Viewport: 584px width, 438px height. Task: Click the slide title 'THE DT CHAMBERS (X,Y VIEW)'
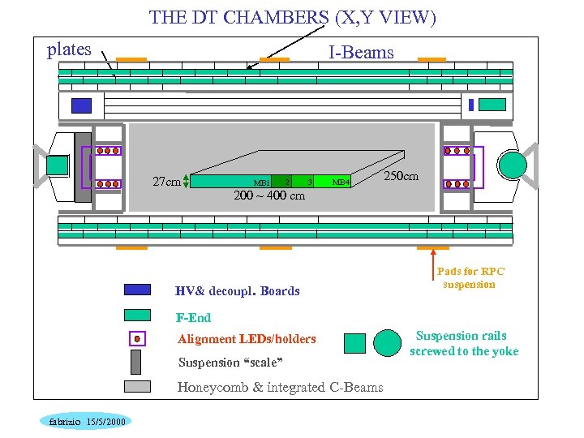pyautogui.click(x=293, y=17)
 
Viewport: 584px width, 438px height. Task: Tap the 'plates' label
pyautogui.click(x=69, y=49)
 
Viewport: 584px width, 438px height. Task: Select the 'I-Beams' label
pyautogui.click(x=361, y=53)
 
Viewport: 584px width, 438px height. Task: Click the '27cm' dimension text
pyautogui.click(x=166, y=181)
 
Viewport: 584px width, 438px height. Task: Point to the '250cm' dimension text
pyautogui.click(x=401, y=176)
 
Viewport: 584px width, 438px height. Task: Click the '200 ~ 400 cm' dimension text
pyautogui.click(x=269, y=195)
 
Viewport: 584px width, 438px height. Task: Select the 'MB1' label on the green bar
pyautogui.click(x=261, y=182)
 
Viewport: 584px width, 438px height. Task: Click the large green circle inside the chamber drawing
pyautogui.click(x=513, y=164)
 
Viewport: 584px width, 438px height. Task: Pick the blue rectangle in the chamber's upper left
pyautogui.click(x=81, y=105)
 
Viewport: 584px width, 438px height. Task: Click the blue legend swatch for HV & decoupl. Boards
pyautogui.click(x=137, y=290)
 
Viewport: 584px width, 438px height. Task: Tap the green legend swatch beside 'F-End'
pyautogui.click(x=137, y=316)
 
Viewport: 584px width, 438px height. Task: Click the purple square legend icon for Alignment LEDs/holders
pyautogui.click(x=137, y=338)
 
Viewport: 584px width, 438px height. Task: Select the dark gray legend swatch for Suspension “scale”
pyautogui.click(x=135, y=362)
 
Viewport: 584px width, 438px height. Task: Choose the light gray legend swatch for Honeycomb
pyautogui.click(x=137, y=387)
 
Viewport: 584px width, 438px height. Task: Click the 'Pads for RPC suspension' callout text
pyautogui.click(x=470, y=278)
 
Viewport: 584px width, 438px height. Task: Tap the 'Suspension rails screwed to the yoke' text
pyautogui.click(x=463, y=343)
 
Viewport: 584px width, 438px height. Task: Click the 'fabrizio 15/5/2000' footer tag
pyautogui.click(x=86, y=421)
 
